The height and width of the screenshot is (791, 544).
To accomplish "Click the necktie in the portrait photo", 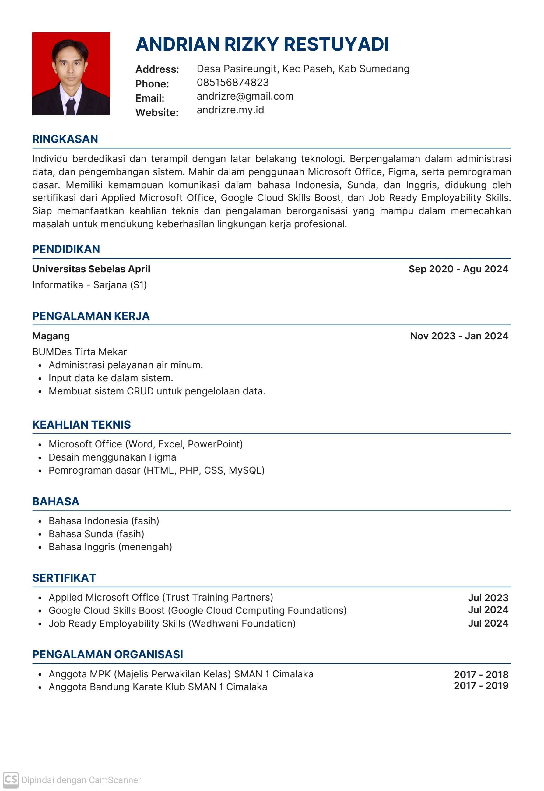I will (x=71, y=106).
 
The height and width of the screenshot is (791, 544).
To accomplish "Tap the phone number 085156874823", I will (x=233, y=83).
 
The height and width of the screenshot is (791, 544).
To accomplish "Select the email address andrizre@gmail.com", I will (x=245, y=97).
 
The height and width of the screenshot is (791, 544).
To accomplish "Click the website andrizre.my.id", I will (x=230, y=110).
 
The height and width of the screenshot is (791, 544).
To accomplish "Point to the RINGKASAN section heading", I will (x=65, y=139).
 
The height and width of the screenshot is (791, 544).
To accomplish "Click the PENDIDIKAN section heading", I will (x=66, y=249).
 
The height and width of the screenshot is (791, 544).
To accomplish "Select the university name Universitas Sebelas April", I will (x=91, y=269).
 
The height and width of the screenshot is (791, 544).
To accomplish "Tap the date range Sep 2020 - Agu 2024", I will (x=458, y=269).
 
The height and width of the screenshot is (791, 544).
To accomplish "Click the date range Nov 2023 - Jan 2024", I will (x=459, y=336).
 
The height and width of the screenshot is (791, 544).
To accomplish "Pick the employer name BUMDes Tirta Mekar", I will (x=79, y=351).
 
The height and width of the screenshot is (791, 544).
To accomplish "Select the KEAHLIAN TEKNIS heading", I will (x=82, y=425).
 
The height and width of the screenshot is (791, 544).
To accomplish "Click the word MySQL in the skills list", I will (x=245, y=471).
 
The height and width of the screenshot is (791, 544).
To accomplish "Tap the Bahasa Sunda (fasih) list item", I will (x=97, y=534).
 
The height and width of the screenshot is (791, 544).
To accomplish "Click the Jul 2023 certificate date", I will (x=488, y=598).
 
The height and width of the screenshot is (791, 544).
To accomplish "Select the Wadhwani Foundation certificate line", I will (x=172, y=623).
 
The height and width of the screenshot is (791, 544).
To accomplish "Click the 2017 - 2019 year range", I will (x=481, y=686).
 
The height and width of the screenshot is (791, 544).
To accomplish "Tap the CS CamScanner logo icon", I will (x=11, y=780).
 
